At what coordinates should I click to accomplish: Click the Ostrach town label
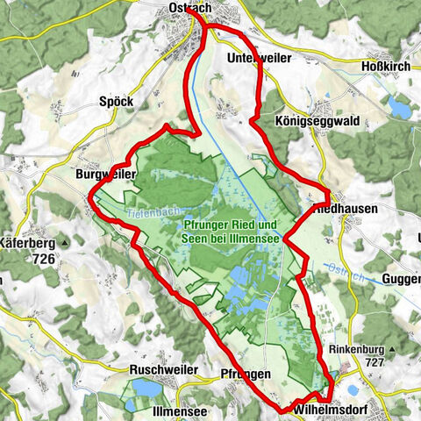(188, 8)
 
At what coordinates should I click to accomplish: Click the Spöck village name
(116, 102)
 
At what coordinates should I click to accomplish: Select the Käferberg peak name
(29, 244)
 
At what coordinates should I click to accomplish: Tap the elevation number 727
(375, 361)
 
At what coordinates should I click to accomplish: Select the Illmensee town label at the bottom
(180, 410)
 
